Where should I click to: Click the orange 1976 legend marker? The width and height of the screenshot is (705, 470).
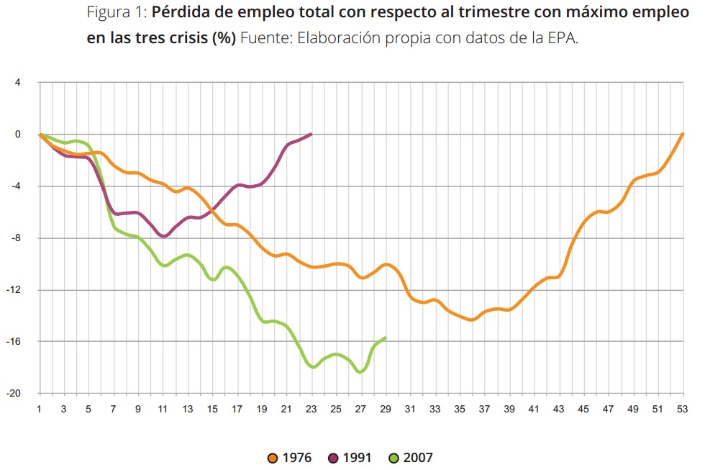pos(272,458)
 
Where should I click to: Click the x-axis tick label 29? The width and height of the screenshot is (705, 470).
pos(386,409)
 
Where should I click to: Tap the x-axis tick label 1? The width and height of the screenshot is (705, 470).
pos(39,409)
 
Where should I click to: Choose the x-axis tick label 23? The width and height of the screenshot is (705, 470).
pos(311,409)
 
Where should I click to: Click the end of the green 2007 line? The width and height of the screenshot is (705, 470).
pos(386,338)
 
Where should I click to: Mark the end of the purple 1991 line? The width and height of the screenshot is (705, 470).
pos(311,134)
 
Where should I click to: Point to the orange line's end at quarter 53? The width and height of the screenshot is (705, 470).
pos(682,134)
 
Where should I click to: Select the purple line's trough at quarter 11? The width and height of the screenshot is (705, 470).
pos(164,236)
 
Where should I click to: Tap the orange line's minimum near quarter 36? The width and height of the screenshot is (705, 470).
pos(472,320)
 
